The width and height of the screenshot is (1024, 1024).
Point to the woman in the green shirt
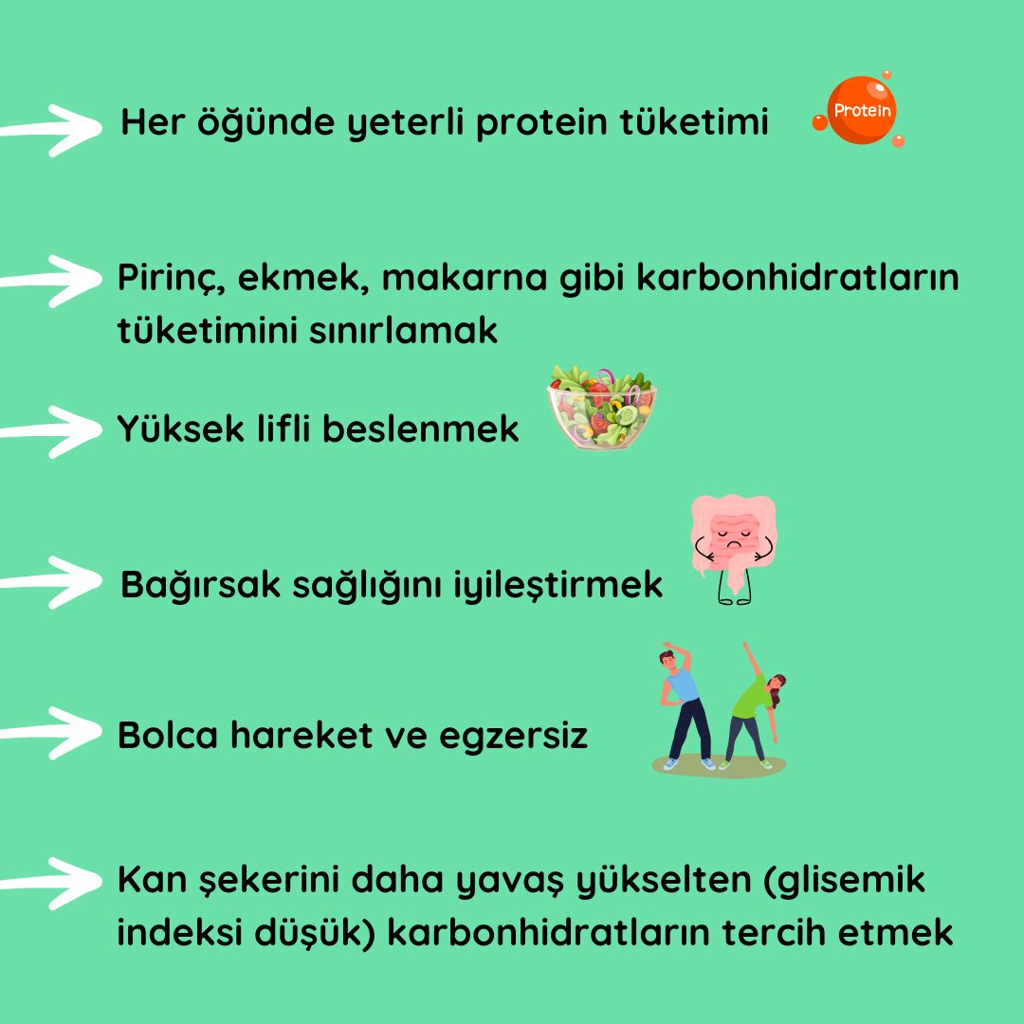click(754, 711)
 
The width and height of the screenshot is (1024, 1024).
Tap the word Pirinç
click(170, 280)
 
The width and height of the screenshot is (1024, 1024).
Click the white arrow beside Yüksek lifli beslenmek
click(52, 430)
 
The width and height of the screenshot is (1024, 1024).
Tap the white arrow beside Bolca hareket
click(52, 732)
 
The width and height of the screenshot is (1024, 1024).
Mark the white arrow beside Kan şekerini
click(52, 883)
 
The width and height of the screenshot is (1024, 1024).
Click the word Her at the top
click(151, 123)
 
